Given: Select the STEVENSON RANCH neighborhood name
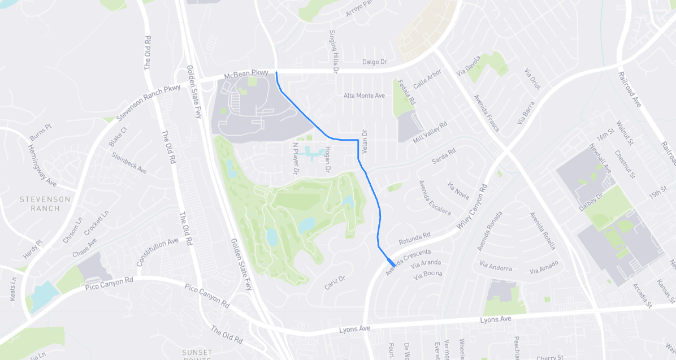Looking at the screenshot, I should click(x=45, y=203).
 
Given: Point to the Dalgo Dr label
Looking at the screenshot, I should click(x=375, y=62).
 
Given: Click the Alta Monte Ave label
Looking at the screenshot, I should click(x=364, y=96).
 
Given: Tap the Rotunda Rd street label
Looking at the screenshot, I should click(x=414, y=238).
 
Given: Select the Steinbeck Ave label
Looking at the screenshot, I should click(x=129, y=163).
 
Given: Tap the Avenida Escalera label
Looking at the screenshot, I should click(x=434, y=197).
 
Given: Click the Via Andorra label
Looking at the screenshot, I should click(x=496, y=266).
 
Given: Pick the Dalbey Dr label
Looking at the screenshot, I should click(x=591, y=202).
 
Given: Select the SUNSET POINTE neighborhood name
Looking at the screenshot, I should click(x=197, y=354).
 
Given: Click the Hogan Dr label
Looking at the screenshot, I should click(x=327, y=159).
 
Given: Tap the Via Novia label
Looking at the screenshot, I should click(x=458, y=191).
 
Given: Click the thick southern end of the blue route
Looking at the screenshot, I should click(x=391, y=263).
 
